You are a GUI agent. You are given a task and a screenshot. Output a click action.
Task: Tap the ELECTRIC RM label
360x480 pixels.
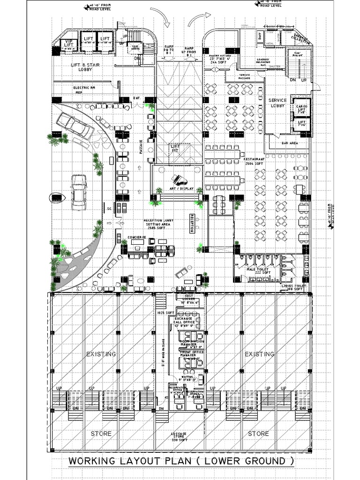click(84, 88)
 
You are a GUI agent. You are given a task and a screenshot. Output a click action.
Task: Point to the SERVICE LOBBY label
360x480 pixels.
click(277, 103)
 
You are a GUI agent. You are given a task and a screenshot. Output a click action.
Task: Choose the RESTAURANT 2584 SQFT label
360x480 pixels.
click(255, 162)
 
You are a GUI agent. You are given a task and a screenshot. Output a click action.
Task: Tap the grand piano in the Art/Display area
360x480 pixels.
click(178, 180)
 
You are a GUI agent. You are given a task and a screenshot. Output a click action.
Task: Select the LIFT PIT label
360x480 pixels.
click(175, 149)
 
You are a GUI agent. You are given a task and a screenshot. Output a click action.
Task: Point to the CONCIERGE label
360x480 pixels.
click(137, 238)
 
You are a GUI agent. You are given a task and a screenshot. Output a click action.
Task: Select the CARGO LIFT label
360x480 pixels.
click(301, 109)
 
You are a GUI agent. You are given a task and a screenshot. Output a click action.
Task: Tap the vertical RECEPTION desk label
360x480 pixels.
click(192, 223)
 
